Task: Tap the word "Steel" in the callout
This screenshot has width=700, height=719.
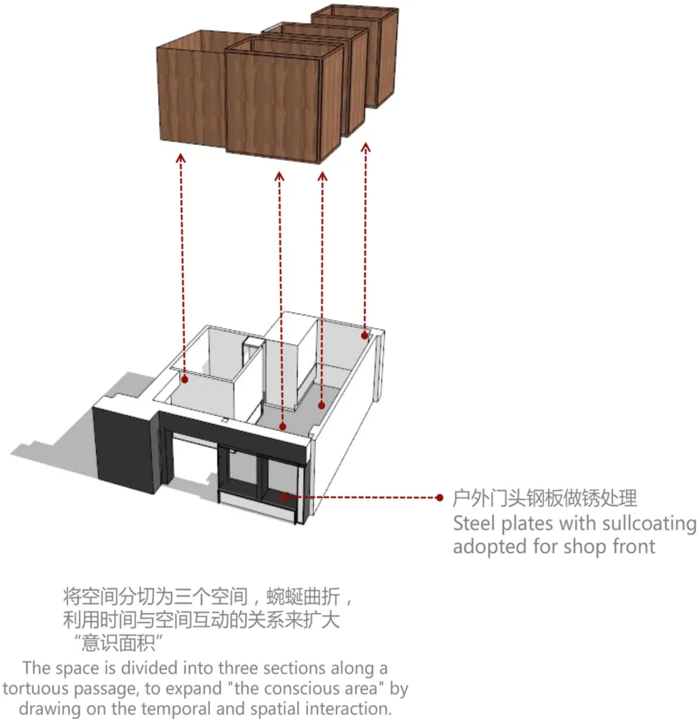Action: tap(474, 523)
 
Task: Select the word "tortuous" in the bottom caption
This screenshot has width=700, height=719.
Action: tap(35, 688)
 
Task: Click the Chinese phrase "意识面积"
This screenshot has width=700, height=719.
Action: tap(118, 643)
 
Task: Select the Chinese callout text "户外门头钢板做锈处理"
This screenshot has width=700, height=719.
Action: tap(545, 499)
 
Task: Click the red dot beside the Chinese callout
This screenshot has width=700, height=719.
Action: tap(440, 497)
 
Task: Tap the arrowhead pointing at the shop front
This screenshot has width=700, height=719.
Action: tap(285, 497)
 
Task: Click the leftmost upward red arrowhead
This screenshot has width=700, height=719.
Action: tap(181, 159)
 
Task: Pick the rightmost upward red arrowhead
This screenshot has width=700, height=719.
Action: tap(365, 148)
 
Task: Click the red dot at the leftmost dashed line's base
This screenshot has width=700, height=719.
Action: tap(184, 379)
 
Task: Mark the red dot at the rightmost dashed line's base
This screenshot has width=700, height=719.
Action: tap(365, 336)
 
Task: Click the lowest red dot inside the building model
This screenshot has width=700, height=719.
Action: tap(283, 427)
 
